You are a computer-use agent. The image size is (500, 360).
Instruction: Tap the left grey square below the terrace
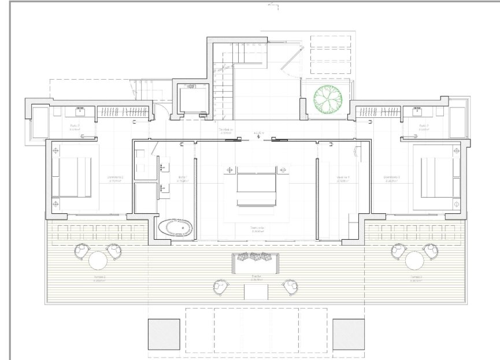coord(164,334)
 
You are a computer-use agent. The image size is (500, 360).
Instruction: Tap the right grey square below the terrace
coord(349,334)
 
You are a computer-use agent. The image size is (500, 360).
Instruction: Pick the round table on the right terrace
coord(414,261)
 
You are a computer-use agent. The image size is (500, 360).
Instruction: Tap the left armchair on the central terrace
coord(220,286)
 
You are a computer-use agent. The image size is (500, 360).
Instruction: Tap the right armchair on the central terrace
coord(290,286)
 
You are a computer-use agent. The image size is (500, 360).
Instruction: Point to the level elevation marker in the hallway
coord(257,135)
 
